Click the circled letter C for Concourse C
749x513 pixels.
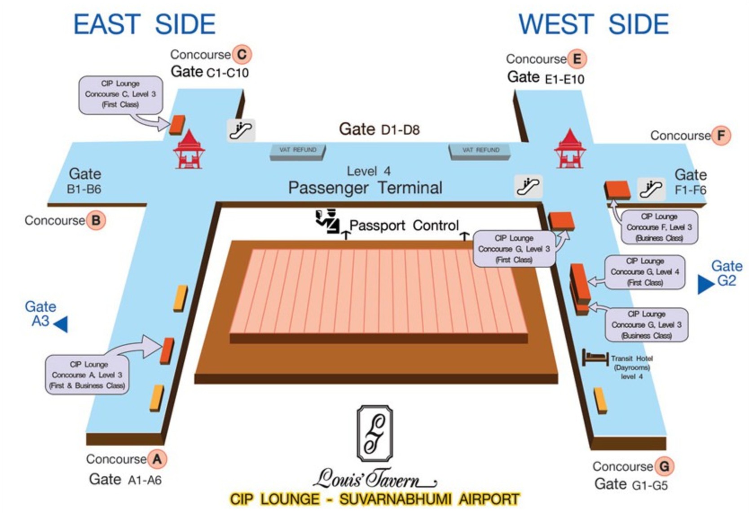[241, 55]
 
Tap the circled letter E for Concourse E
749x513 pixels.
[577, 59]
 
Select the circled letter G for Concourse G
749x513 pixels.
[664, 466]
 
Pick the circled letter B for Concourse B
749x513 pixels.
[96, 221]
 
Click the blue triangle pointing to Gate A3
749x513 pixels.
[61, 324]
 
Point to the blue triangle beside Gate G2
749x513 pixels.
[705, 284]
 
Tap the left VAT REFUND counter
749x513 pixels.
[298, 151]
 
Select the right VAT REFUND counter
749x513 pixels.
[480, 151]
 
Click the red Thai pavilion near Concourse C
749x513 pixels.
[189, 149]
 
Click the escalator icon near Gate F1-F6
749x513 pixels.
[651, 188]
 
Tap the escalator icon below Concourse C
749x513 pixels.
[241, 130]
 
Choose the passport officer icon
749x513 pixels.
[327, 221]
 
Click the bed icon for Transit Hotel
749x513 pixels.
[595, 358]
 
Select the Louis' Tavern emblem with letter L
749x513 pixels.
[374, 433]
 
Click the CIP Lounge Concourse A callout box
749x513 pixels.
[88, 375]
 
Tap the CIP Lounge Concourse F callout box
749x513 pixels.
[659, 227]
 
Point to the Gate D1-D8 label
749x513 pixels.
[379, 129]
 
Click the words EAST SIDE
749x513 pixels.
[144, 24]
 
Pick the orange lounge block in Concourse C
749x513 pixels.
[177, 125]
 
